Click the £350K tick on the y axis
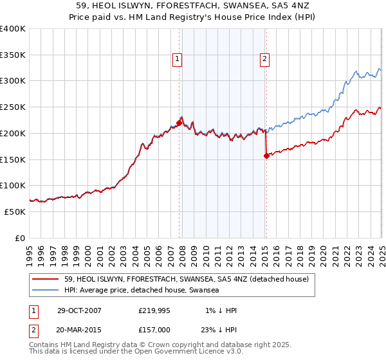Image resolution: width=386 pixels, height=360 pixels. (13, 55)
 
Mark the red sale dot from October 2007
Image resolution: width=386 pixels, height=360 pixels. (179, 122)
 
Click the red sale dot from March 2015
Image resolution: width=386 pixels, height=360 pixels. (266, 155)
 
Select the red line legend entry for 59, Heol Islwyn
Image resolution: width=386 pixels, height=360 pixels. (187, 279)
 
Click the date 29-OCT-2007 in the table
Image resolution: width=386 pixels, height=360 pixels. (79, 310)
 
